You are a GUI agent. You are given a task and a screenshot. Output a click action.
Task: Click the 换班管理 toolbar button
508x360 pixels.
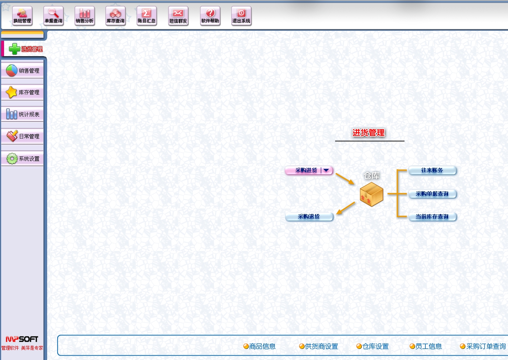(22, 16)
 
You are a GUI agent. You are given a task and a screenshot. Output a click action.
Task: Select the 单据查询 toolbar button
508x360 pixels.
(53, 16)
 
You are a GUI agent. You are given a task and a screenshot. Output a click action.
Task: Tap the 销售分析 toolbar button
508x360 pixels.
(84, 16)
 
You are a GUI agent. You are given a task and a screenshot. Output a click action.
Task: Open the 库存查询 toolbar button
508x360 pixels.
(115, 16)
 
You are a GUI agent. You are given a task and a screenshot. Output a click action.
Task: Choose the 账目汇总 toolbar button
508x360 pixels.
(146, 16)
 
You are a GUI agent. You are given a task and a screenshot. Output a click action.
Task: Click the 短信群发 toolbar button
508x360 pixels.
(178, 16)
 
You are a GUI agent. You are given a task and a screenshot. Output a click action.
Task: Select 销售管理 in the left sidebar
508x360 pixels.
(22, 70)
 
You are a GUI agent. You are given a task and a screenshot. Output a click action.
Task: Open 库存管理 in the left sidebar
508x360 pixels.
(22, 92)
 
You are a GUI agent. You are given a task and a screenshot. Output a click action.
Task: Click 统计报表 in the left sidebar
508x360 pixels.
(22, 114)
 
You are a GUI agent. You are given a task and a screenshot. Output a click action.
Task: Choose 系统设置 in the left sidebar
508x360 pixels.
(22, 159)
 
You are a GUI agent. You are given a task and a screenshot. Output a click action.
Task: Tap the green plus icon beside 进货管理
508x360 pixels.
(14, 49)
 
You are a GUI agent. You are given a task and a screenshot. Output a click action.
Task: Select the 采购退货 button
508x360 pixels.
(309, 217)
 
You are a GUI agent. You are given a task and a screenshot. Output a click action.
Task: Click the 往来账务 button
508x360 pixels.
(432, 170)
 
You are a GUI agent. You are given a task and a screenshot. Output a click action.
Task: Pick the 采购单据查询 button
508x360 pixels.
(432, 194)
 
